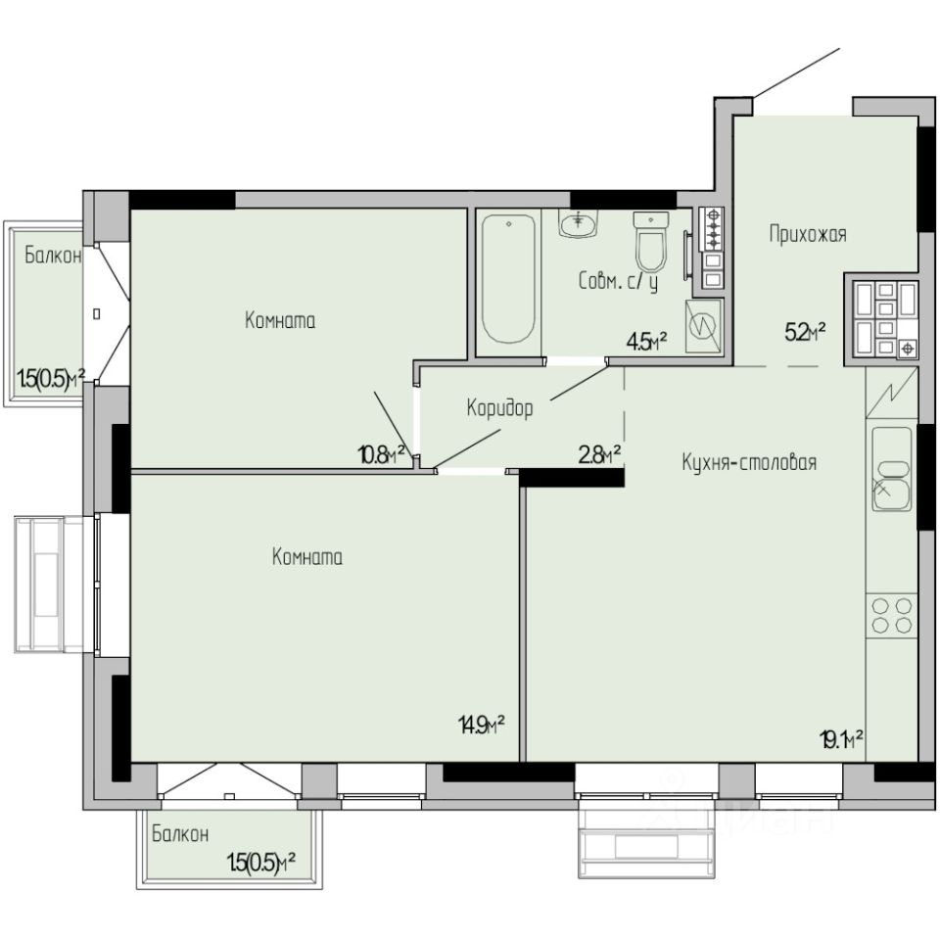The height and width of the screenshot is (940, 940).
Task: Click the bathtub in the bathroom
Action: (x=509, y=279)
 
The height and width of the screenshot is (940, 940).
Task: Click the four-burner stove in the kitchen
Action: (x=892, y=616)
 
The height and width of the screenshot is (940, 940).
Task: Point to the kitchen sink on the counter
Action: (x=892, y=469)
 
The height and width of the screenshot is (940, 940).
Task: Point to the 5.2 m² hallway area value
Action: (x=806, y=331)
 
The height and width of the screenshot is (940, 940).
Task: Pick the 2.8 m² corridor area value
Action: (x=599, y=454)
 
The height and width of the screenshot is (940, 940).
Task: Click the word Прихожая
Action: (x=808, y=234)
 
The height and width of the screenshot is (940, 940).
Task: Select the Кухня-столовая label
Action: (x=749, y=462)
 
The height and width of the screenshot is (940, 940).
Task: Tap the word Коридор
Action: (x=499, y=409)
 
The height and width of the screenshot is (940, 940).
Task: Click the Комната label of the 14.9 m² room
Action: (x=307, y=557)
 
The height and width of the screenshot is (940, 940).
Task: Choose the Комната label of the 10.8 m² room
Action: (x=280, y=321)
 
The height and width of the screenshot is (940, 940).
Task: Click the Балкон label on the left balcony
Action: (x=53, y=256)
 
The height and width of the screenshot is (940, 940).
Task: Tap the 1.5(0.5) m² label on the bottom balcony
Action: (x=261, y=864)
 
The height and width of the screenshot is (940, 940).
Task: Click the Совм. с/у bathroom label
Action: (x=619, y=281)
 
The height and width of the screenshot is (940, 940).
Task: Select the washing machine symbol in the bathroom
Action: (x=704, y=327)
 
